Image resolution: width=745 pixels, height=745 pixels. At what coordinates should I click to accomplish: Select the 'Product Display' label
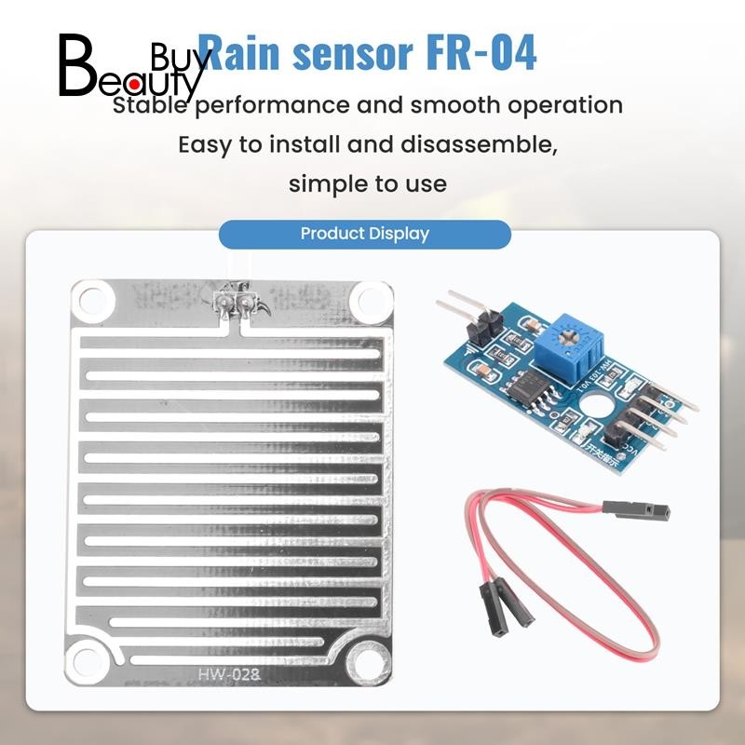364,234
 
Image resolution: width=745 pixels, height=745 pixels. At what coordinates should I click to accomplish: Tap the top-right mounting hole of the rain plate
370,300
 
